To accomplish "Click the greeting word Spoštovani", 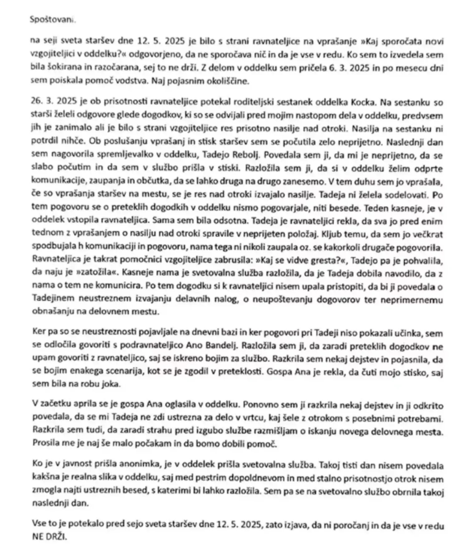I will pos(52,19).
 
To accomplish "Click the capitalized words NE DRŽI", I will pos(50,536).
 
